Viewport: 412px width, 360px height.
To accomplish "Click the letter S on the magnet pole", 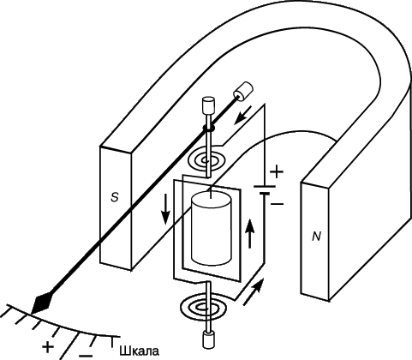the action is (x=115, y=197).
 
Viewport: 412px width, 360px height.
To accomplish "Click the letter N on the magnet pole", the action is (x=316, y=237).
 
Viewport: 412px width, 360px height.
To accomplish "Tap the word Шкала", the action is (x=139, y=351).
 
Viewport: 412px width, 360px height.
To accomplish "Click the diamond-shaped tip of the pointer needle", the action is (x=42, y=303).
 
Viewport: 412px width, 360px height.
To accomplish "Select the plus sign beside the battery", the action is (x=277, y=172).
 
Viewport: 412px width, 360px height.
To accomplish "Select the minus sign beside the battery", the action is (x=278, y=204).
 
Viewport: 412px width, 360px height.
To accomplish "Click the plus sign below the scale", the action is (x=48, y=347).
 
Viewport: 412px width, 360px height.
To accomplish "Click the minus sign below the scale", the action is (x=86, y=356).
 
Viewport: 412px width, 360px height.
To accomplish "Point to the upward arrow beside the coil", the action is (x=250, y=233).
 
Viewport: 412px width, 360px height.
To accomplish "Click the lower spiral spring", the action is (x=205, y=308).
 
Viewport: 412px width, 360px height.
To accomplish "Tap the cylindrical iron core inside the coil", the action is (x=211, y=229).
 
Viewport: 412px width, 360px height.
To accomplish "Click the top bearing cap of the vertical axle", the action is (x=208, y=105).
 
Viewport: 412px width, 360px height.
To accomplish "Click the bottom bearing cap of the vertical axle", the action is (x=208, y=340).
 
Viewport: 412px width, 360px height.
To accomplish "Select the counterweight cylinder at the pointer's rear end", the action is (x=243, y=92).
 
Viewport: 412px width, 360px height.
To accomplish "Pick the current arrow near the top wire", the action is (x=242, y=116).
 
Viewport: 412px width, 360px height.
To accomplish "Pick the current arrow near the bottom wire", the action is (x=253, y=292).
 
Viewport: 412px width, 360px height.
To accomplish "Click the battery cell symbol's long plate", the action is (x=265, y=186).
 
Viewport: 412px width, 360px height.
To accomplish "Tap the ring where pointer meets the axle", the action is (x=208, y=129).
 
